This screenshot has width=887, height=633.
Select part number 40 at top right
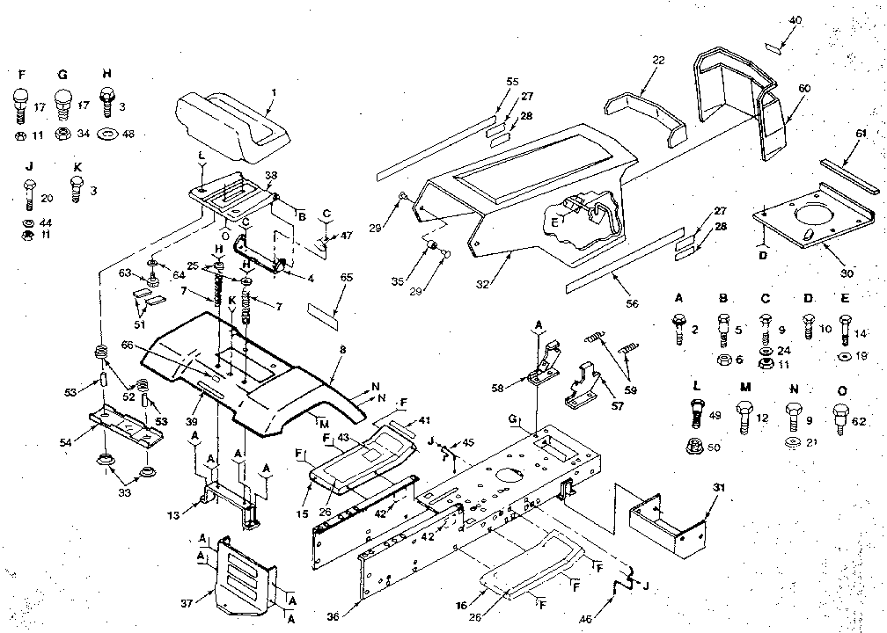(795, 20)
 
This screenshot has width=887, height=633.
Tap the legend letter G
(62, 76)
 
